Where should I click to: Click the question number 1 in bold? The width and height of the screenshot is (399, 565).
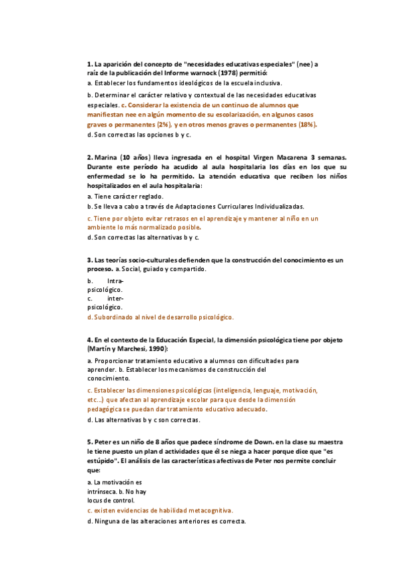[x=89, y=64]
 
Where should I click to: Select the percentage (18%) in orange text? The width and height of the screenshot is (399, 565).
[x=306, y=124]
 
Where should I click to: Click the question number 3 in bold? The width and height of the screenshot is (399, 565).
[x=89, y=259]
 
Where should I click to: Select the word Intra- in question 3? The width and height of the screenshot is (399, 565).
[x=115, y=281]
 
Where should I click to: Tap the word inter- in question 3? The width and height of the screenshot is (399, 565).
[x=115, y=298]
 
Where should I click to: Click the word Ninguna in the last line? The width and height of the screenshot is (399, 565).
[x=108, y=521]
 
